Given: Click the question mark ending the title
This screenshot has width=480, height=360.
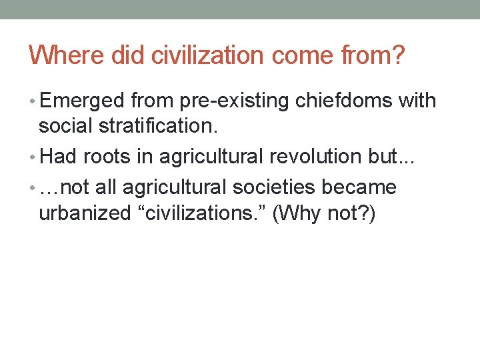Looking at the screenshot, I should click(399, 56).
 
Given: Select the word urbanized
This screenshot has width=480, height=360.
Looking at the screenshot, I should click(83, 213).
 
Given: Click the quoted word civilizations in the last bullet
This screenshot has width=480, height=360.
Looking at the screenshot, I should click(200, 213).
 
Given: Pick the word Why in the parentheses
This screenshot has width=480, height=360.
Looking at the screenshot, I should click(302, 213).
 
